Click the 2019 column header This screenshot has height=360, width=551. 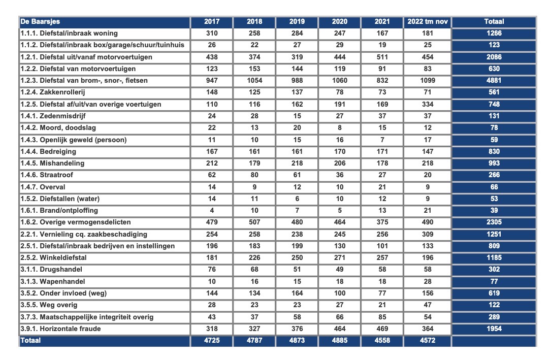[297, 21]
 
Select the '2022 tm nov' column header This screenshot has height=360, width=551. [427, 21]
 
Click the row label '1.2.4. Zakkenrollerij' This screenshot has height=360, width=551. [53, 92]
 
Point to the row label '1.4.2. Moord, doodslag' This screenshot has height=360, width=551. [58, 128]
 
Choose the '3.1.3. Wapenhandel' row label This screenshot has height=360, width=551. [53, 281]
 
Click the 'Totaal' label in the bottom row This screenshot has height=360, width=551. [30, 340]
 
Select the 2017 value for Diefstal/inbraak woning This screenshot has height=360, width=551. [212, 34]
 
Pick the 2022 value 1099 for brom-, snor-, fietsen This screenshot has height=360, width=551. [428, 80]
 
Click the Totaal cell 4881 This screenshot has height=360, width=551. [494, 80]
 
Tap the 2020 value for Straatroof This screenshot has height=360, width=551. [339, 175]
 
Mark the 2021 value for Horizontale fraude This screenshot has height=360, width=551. [382, 329]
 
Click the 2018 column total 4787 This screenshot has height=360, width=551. [254, 340]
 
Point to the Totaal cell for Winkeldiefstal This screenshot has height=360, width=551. [494, 257]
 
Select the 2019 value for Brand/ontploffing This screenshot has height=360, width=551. [297, 210]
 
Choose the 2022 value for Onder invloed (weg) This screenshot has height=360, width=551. [428, 293]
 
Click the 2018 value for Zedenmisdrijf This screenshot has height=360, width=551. [254, 116]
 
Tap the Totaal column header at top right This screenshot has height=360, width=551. [494, 21]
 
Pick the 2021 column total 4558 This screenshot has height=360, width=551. [382, 340]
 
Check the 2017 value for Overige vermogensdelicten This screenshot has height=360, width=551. [212, 222]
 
